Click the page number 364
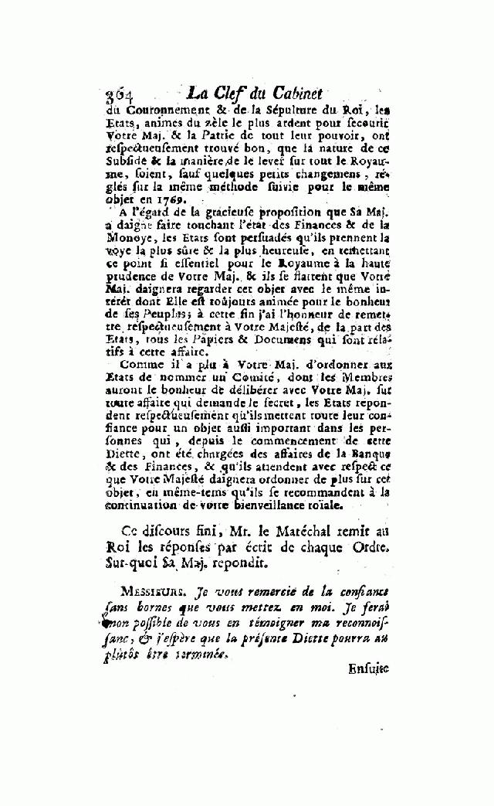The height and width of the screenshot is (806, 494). coord(116,95)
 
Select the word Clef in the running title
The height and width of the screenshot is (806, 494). coord(230,93)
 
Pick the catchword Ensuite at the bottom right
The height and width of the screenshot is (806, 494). coord(368,669)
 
